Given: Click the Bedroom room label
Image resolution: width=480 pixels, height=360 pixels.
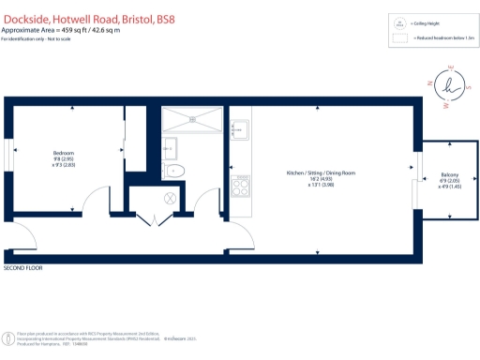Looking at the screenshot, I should pos(64,152).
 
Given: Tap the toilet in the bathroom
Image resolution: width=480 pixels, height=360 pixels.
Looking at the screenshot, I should pos(175,171).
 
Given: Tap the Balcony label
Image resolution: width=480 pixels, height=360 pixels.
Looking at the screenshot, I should pos(449,174).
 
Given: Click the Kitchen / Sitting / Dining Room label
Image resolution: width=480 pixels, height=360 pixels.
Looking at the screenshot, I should pos(322,172).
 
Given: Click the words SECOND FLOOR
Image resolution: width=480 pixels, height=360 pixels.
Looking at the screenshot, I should pos(23,268).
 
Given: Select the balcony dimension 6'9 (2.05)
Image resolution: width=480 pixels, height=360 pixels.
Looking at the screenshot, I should pos(449,181).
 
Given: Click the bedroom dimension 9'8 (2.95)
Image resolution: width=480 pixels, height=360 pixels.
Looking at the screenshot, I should pos(64,159).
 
